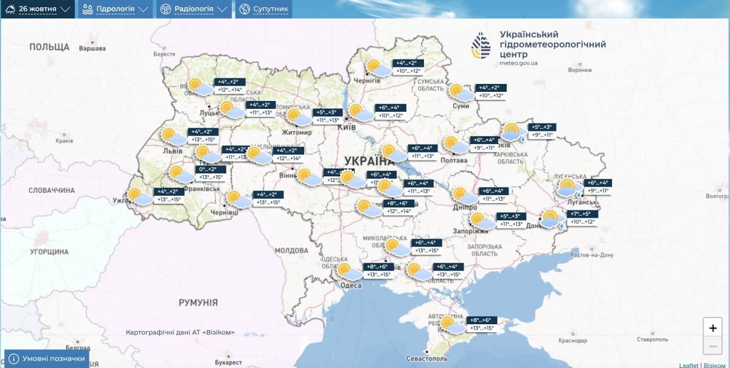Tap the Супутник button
[263, 9]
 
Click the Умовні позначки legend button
[47, 359]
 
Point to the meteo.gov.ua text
[518, 63]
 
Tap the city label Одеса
[350, 285]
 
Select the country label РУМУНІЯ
[198, 302]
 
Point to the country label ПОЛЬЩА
[49, 47]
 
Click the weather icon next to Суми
[461, 93]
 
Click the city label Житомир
[296, 132]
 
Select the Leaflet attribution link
[689, 364]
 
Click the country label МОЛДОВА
[291, 251]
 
